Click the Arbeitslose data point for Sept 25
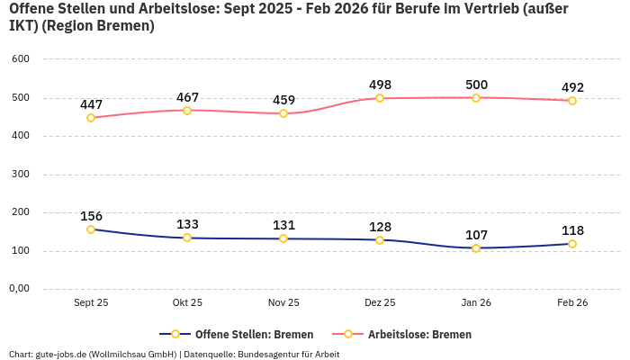91,118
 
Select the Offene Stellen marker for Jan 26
476,248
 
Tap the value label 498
380,85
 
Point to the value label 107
476,235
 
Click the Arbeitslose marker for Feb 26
572,101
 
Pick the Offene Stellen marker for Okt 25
187,238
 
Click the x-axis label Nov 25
283,302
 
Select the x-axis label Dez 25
380,302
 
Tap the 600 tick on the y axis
21,59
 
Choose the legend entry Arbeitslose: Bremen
419,334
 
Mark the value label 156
91,216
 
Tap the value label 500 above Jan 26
476,85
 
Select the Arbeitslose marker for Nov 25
283,113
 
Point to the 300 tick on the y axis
21,174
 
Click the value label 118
572,230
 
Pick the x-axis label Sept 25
91,302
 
